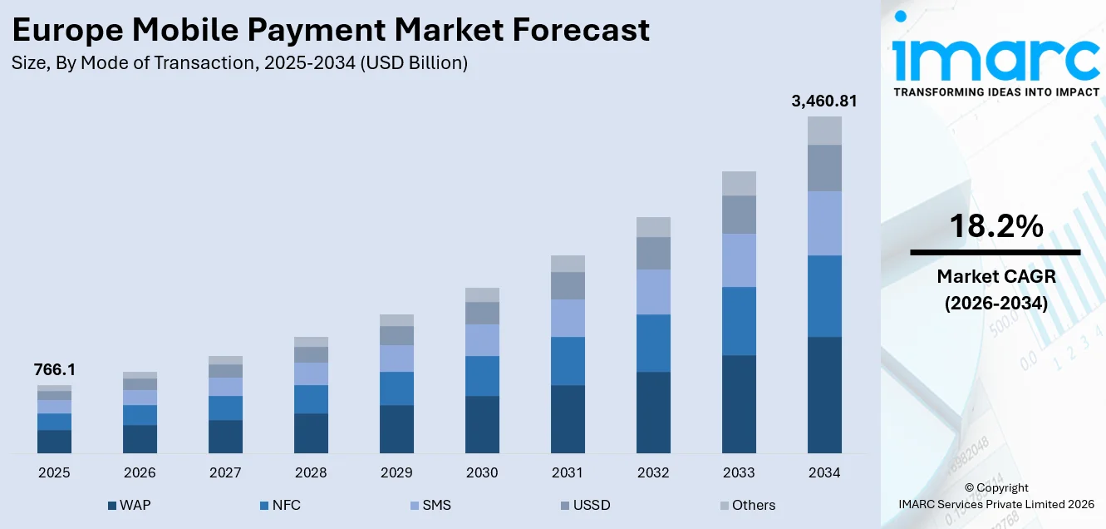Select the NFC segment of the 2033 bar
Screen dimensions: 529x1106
739,321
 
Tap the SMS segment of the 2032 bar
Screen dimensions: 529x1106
653,292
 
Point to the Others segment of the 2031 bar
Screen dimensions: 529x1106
568,264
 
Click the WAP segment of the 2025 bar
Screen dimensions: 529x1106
54,442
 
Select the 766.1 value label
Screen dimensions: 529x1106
54,369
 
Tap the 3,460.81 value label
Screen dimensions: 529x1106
824,101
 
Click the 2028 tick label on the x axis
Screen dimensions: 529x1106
311,472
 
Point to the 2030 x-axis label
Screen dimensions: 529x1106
482,472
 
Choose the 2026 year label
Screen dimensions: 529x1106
140,472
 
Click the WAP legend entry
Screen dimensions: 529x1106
129,505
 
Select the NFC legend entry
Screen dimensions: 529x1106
280,505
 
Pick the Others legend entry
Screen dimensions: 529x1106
746,505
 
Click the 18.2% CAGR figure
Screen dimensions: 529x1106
995,226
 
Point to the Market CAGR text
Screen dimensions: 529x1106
995,276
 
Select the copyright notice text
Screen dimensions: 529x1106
995,496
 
